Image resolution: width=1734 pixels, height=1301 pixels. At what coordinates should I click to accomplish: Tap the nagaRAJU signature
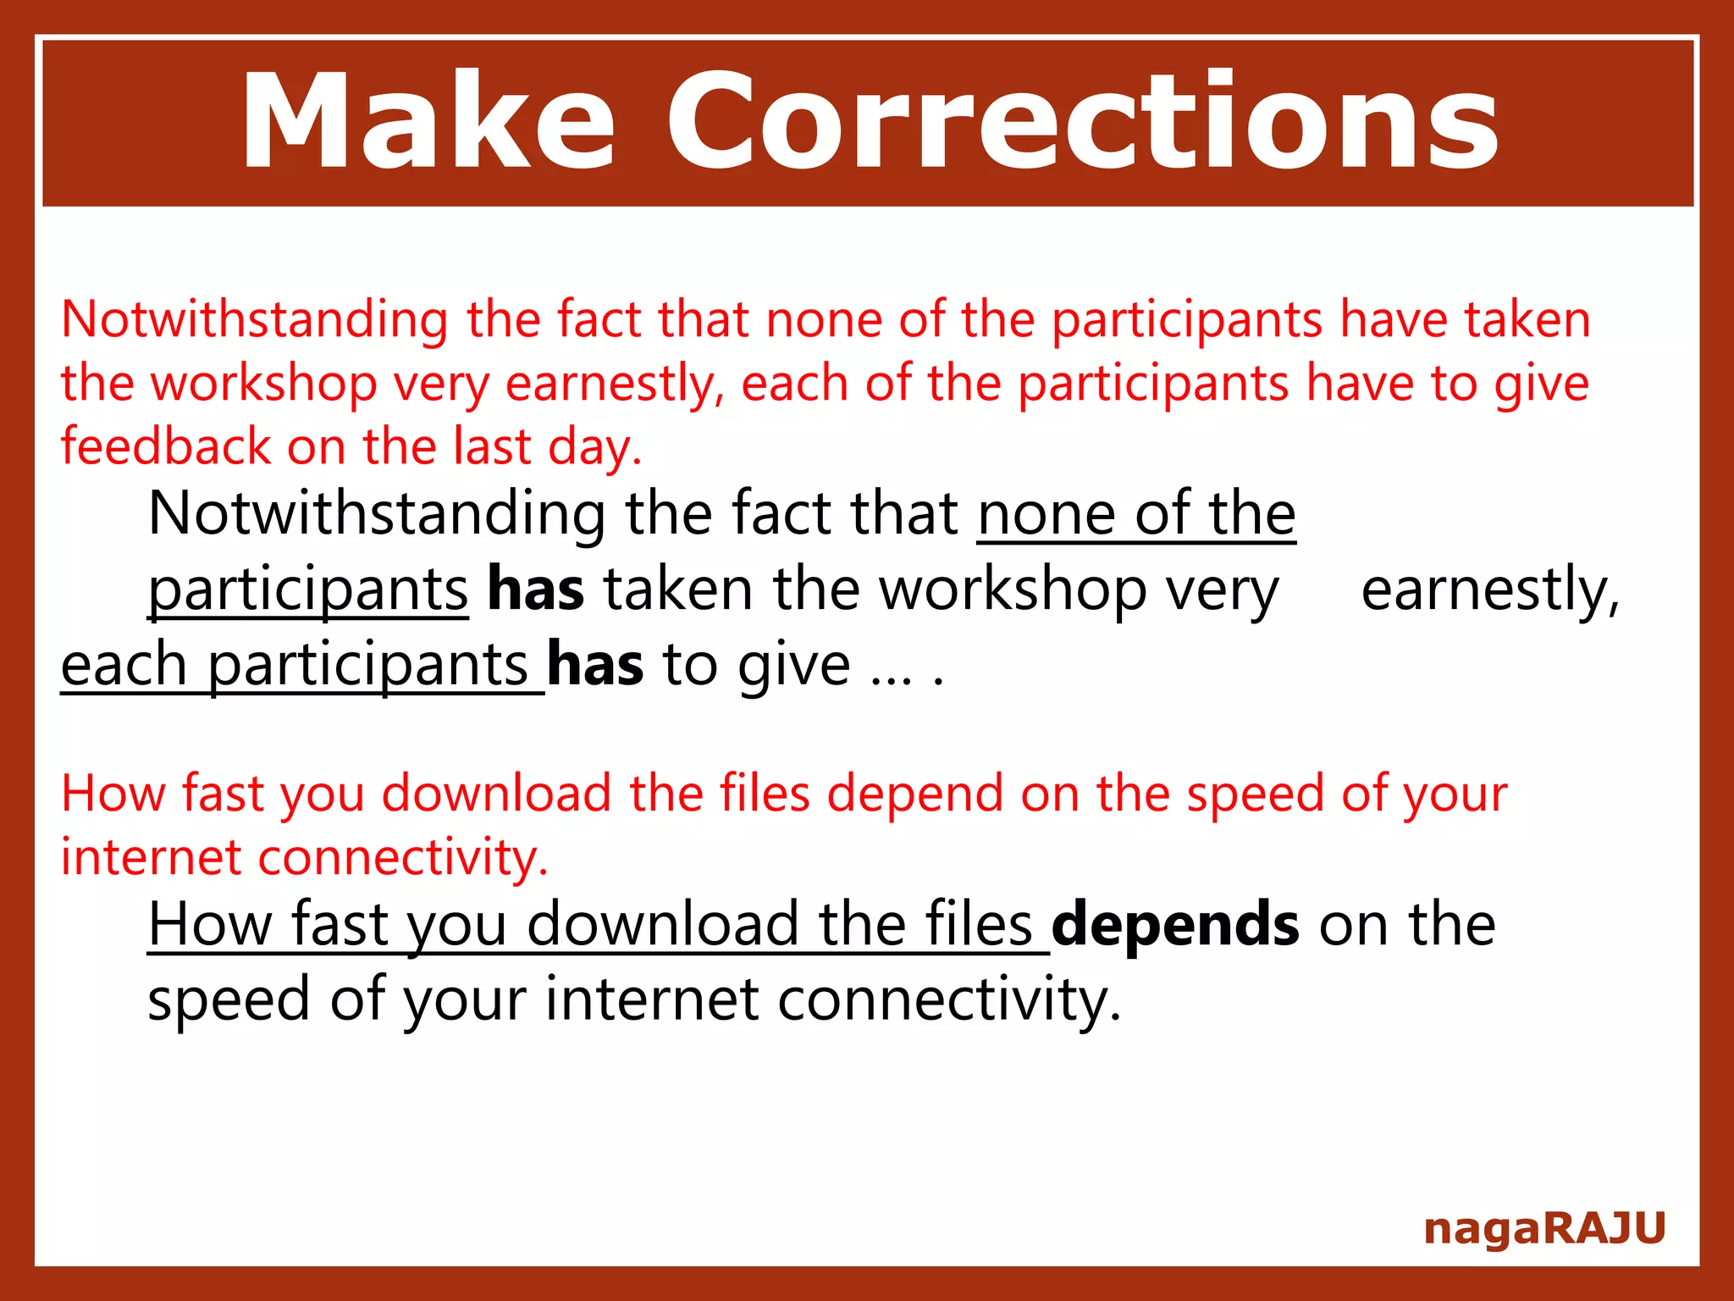click(1544, 1228)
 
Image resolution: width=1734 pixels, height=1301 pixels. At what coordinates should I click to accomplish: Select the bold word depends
click(1175, 924)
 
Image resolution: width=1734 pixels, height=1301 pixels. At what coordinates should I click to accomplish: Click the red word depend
click(914, 794)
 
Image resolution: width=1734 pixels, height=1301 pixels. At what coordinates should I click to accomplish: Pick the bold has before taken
click(536, 590)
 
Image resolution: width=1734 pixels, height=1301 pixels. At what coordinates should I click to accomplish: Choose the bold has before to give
click(595, 664)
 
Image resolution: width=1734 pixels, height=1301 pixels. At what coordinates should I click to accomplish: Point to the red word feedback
click(166, 446)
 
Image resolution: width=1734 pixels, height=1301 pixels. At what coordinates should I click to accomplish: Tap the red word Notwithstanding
click(254, 320)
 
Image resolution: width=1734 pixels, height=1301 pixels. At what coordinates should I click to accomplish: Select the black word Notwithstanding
click(377, 514)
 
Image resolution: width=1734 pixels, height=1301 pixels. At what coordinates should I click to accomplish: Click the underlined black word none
click(1046, 514)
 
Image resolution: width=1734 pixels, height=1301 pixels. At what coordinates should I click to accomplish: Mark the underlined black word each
click(124, 664)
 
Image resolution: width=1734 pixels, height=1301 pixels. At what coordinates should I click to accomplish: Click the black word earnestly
click(1490, 590)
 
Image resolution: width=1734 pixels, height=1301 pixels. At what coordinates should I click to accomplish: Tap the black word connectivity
click(949, 999)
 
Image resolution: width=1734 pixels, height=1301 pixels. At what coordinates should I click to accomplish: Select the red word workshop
click(264, 384)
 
